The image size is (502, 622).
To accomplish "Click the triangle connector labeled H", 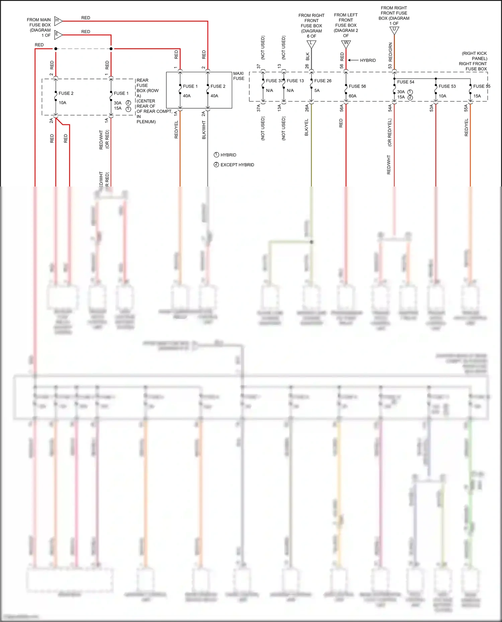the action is coord(58,21).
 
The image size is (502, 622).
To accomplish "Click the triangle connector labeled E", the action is coord(58,34).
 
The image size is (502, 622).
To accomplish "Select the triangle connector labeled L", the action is coord(311,44).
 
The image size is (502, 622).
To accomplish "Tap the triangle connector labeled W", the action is coord(346,43).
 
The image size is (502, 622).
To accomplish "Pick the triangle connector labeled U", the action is coord(394,30).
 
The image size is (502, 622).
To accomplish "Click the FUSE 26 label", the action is coord(323,81).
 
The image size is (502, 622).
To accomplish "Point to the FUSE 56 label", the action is coord(357,86).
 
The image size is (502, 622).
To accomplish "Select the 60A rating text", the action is coord(352,96).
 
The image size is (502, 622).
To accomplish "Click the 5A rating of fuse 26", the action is coord(317,91).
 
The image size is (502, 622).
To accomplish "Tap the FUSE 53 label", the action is coord(447,86).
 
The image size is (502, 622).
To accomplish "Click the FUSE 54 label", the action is coord(406,82).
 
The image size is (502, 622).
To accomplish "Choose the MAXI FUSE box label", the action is coord(239,76).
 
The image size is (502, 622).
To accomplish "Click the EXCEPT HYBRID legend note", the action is coord(237,165).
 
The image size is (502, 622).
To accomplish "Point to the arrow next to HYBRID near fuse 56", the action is coord(353,60).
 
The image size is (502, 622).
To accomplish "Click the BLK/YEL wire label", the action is coord(307,127).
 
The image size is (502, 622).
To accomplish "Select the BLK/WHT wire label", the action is coord(204,130).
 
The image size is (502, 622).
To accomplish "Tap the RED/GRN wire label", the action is coord(390,51).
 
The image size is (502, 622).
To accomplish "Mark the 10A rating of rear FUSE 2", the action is coord(63,103).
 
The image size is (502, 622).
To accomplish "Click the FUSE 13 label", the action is coord(295,81).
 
